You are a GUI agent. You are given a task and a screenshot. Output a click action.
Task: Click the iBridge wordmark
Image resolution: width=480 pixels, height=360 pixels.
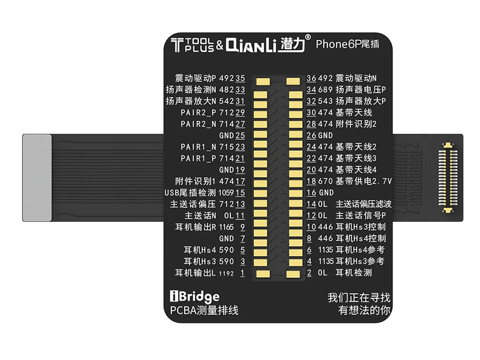coord(195,296)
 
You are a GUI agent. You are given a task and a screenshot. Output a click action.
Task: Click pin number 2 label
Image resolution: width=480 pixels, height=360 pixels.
coord(310,273)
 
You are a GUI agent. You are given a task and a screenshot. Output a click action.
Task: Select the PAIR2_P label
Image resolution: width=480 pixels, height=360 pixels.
coord(198,112)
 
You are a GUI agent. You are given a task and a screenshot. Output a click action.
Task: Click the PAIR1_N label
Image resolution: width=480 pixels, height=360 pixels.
coord(198,147)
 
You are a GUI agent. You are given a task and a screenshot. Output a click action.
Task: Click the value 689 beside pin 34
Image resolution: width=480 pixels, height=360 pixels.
coord(325,89)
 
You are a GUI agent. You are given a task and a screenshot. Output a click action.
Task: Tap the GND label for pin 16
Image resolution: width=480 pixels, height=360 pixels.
coord(326,192)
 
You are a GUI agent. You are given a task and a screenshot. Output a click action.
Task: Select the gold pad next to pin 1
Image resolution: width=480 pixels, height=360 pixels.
coord(261,274)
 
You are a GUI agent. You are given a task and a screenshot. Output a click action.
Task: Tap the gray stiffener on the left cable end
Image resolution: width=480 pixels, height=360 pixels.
coord(37,177)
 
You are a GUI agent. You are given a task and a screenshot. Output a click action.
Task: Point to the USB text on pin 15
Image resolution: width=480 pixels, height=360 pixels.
coord(172,192)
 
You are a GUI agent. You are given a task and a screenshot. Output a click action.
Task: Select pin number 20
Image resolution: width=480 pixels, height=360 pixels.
coord(311,169)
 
